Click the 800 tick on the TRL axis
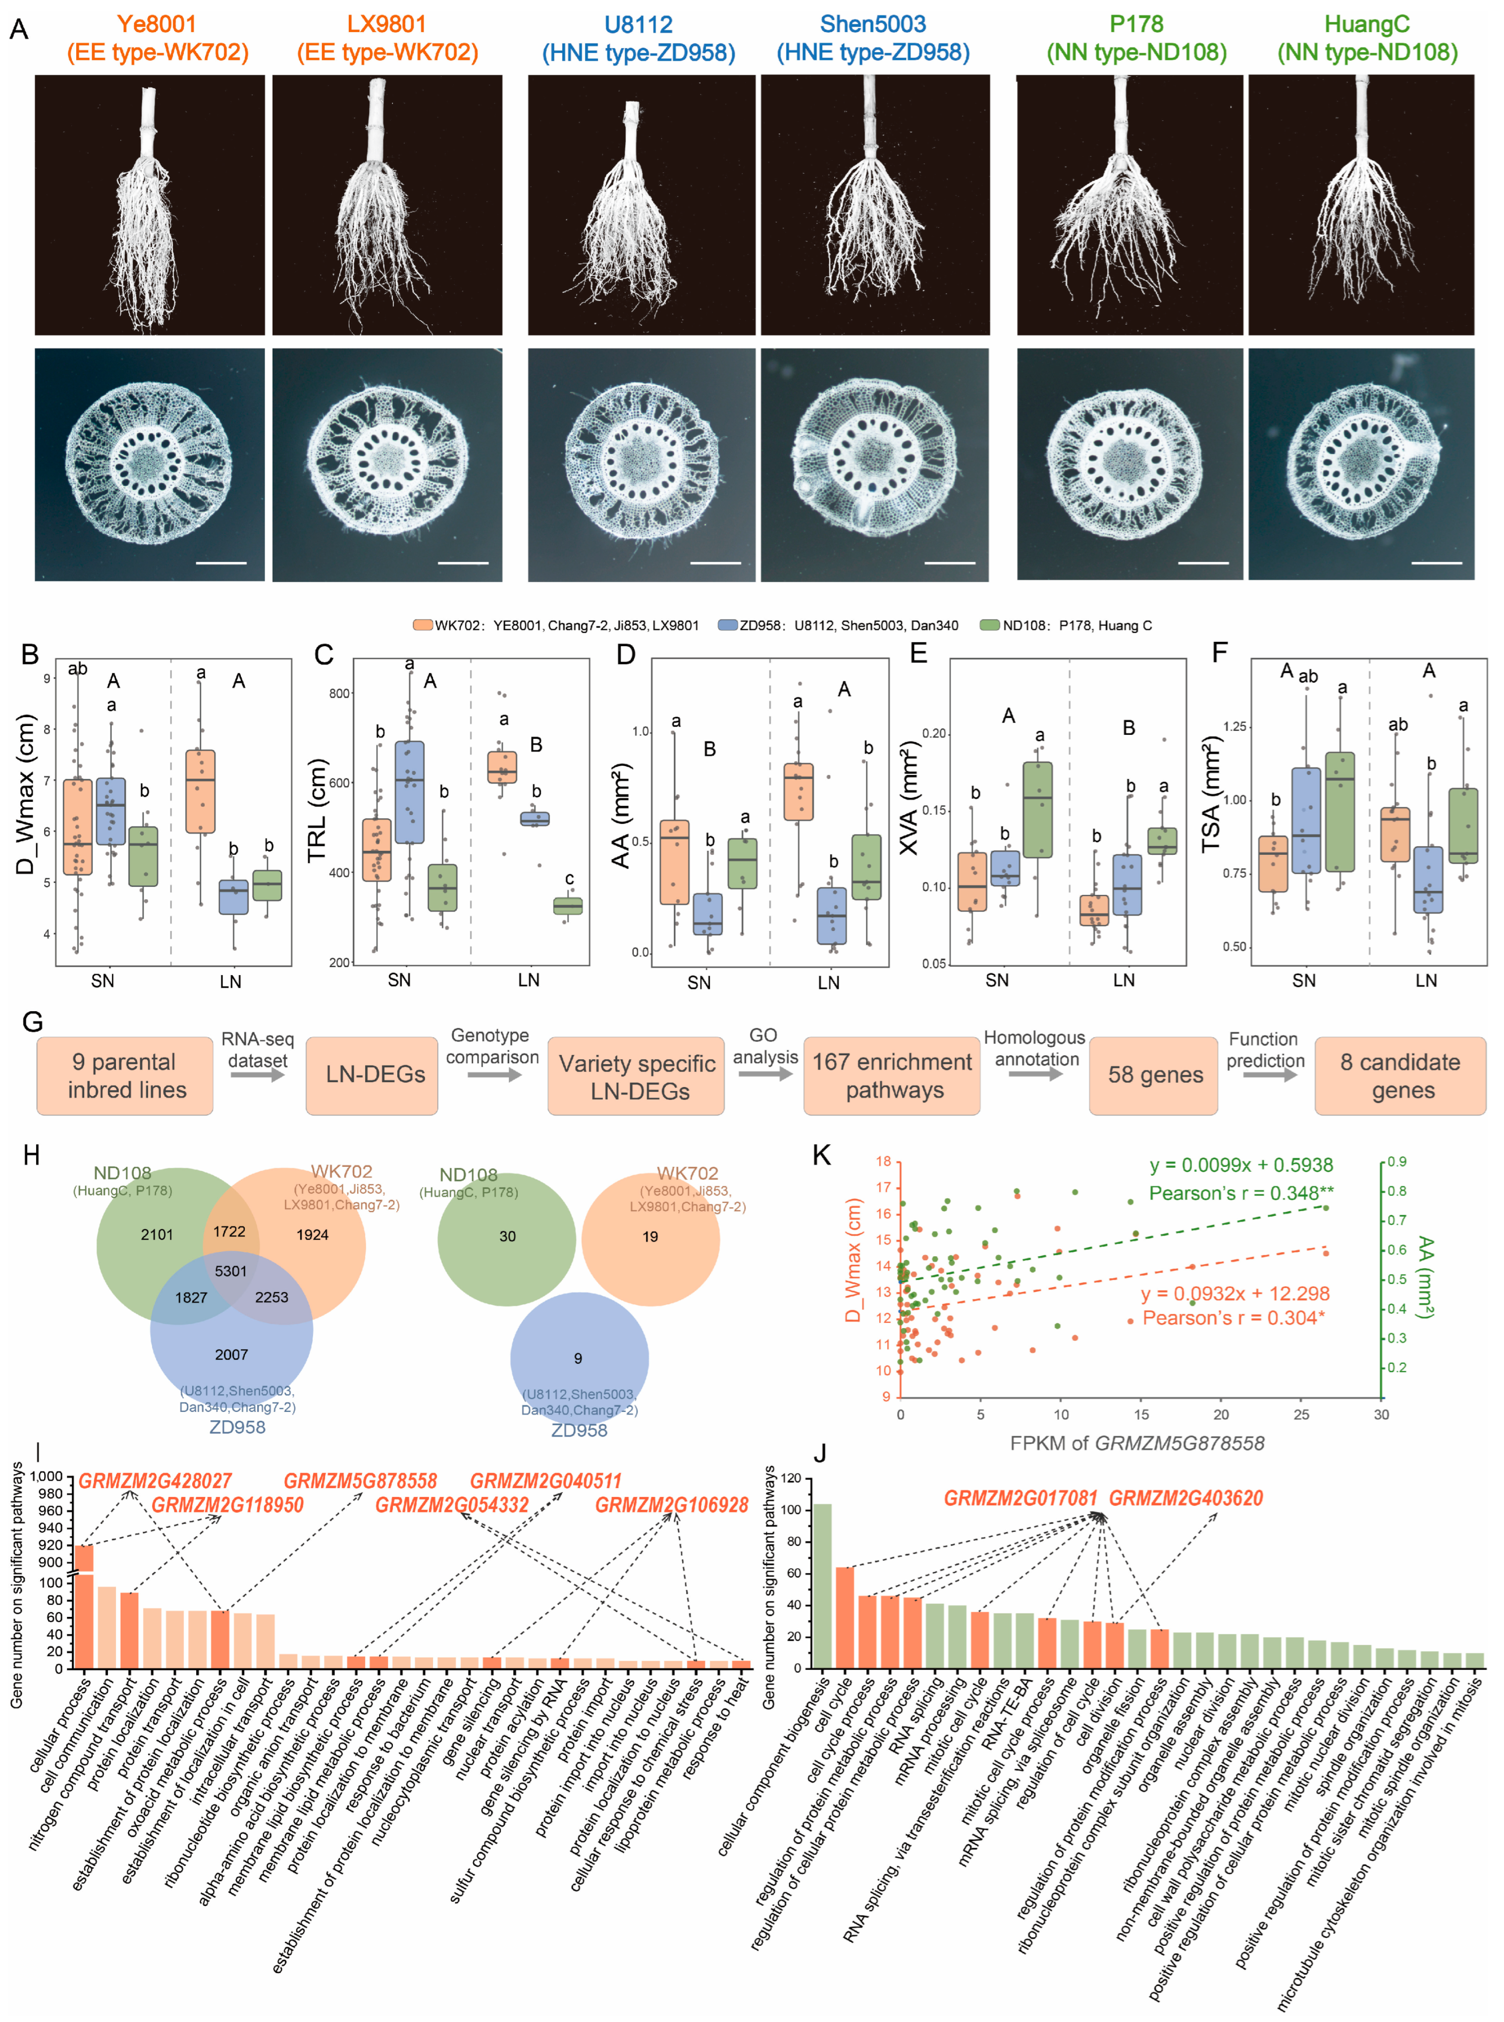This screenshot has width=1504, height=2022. (339, 693)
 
